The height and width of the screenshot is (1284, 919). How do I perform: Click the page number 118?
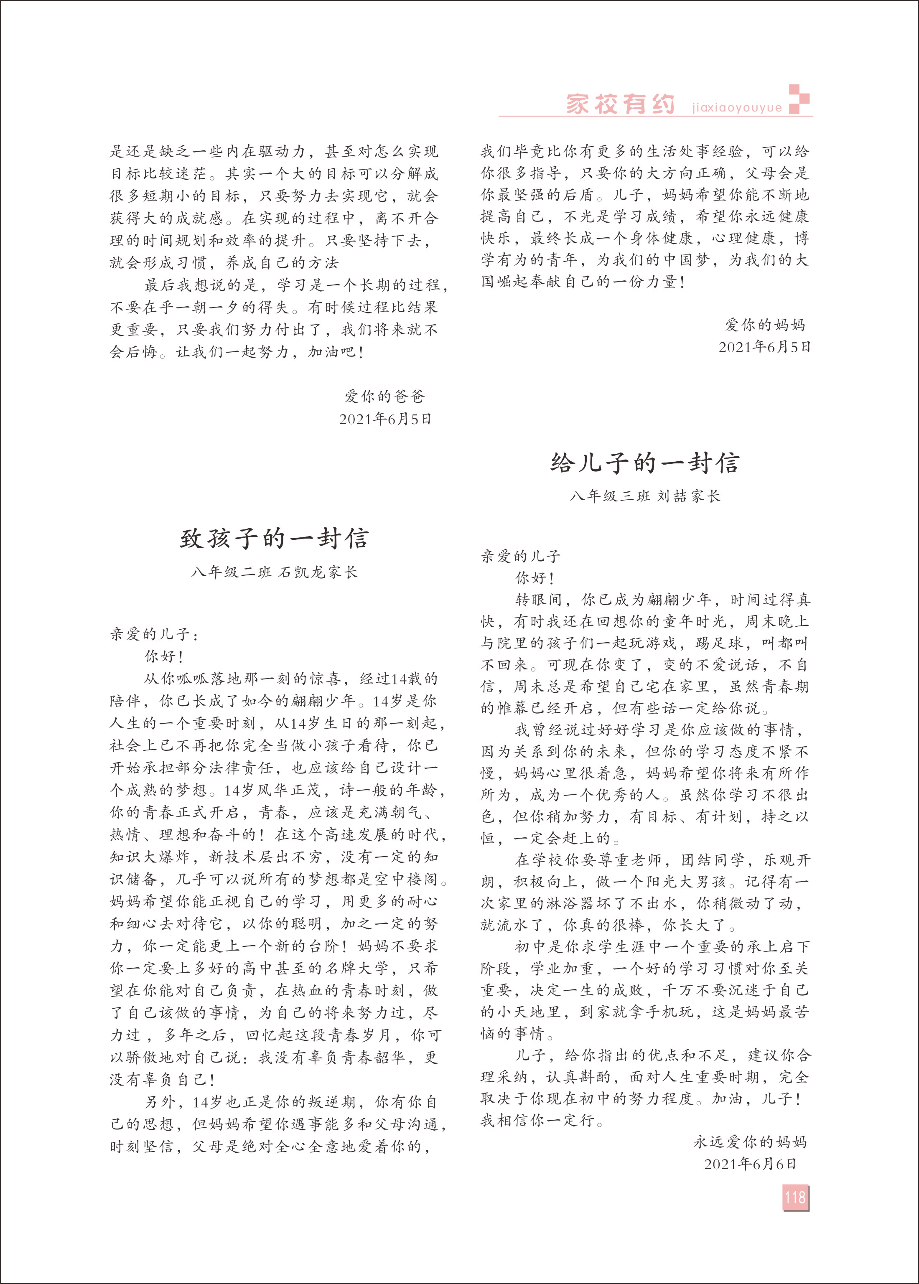795,1197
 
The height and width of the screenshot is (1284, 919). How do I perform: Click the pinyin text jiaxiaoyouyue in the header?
737,107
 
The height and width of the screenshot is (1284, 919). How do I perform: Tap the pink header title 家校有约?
620,104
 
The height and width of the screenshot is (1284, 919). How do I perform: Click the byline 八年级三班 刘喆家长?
645,496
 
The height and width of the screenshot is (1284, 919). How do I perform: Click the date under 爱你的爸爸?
385,419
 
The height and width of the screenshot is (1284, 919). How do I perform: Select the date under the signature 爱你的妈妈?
764,347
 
